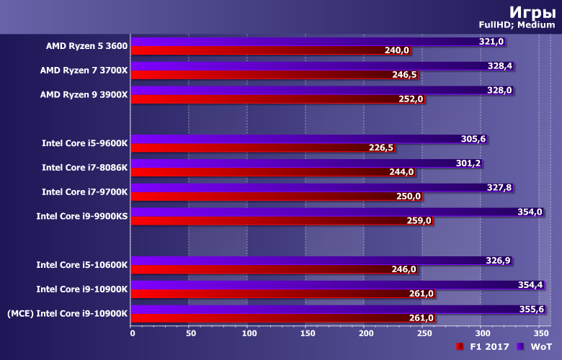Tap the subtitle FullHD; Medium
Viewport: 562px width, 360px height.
coord(516,26)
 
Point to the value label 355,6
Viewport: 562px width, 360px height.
coord(531,310)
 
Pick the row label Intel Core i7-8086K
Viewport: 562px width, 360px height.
coord(84,168)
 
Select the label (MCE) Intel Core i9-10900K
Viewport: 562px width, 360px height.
coord(67,313)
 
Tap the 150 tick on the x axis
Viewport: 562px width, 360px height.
coord(306,333)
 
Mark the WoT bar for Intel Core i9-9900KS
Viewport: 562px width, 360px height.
coord(324,212)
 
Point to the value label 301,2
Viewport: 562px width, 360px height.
coord(468,163)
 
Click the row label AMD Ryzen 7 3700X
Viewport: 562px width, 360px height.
coord(84,71)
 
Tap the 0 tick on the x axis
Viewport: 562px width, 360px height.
coord(133,333)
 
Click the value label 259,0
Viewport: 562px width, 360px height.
coord(419,220)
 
